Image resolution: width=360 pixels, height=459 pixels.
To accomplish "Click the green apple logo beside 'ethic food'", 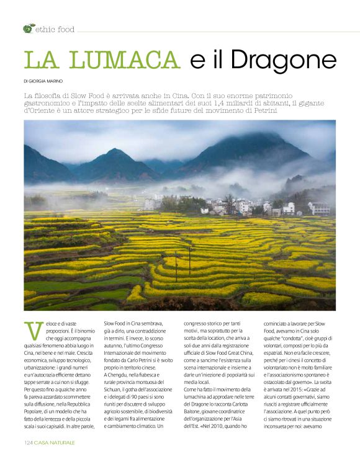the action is click(x=29, y=29).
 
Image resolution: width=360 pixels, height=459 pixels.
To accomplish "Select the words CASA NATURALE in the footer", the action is click(x=55, y=442).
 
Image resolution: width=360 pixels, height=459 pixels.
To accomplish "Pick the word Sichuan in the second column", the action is click(x=116, y=384).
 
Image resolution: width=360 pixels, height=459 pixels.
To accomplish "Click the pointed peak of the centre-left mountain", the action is click(x=117, y=150).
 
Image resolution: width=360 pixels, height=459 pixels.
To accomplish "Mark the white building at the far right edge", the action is click(x=320, y=208).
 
